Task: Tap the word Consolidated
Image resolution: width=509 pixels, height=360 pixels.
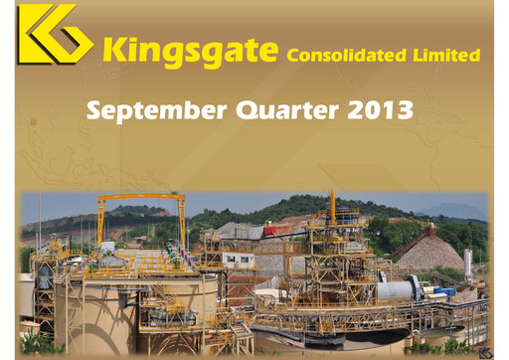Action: (x=345, y=55)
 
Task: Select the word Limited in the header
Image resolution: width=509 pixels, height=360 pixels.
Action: (x=446, y=55)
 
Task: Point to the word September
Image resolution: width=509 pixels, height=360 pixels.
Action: (x=159, y=109)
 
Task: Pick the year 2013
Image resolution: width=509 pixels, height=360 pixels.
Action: (x=381, y=109)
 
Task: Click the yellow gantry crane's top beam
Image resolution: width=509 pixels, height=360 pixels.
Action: (x=140, y=199)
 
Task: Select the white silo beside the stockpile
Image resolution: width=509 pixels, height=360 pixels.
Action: (x=467, y=261)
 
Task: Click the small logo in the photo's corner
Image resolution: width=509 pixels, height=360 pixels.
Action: (x=484, y=351)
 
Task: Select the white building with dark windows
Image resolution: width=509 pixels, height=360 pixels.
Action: (x=238, y=261)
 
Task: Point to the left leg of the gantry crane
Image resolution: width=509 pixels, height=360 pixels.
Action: (x=99, y=224)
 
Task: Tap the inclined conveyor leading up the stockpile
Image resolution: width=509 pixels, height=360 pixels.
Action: (x=408, y=245)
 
